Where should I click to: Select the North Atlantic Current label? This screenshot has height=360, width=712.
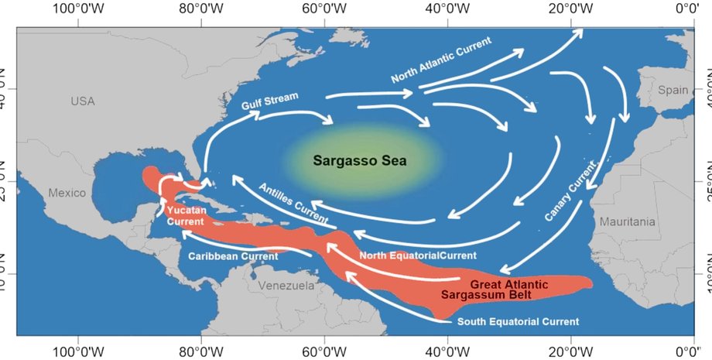pyautogui.click(x=440, y=60)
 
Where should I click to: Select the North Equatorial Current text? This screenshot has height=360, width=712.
pyautogui.click(x=418, y=255)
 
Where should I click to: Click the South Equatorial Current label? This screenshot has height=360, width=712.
pyautogui.click(x=518, y=321)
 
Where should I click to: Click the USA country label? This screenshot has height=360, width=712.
pyautogui.click(x=82, y=101)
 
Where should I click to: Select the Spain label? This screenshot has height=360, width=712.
pyautogui.click(x=673, y=90)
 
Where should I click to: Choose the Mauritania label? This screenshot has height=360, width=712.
pyautogui.click(x=627, y=222)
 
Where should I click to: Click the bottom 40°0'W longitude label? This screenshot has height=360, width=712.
pyautogui.click(x=447, y=350)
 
